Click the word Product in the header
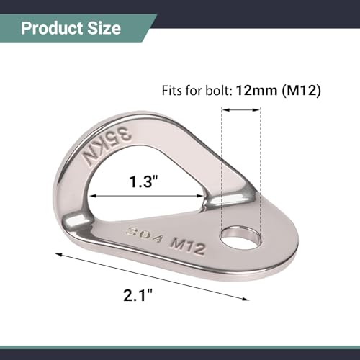point(52,29)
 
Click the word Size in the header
point(104,29)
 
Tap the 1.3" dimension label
point(144,181)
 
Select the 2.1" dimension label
point(138,294)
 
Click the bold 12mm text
point(256,91)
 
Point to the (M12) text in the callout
point(302,91)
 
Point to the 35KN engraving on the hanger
point(106,146)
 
